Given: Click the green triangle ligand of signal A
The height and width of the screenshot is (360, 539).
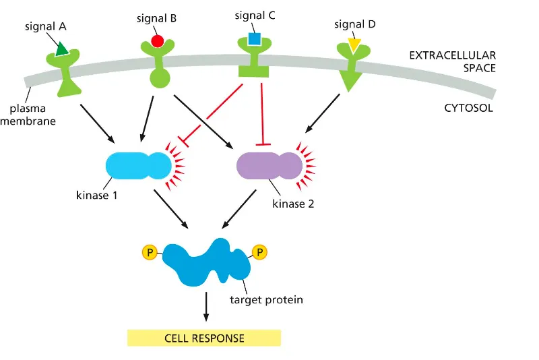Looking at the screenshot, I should [x=61, y=48].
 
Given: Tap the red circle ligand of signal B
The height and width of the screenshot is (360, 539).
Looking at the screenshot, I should [x=156, y=40].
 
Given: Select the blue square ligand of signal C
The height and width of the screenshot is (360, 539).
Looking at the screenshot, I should [x=253, y=38].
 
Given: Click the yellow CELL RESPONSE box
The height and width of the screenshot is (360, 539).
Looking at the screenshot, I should [x=203, y=337].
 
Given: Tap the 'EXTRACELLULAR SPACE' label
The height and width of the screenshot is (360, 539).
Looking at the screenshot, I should [x=453, y=61].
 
